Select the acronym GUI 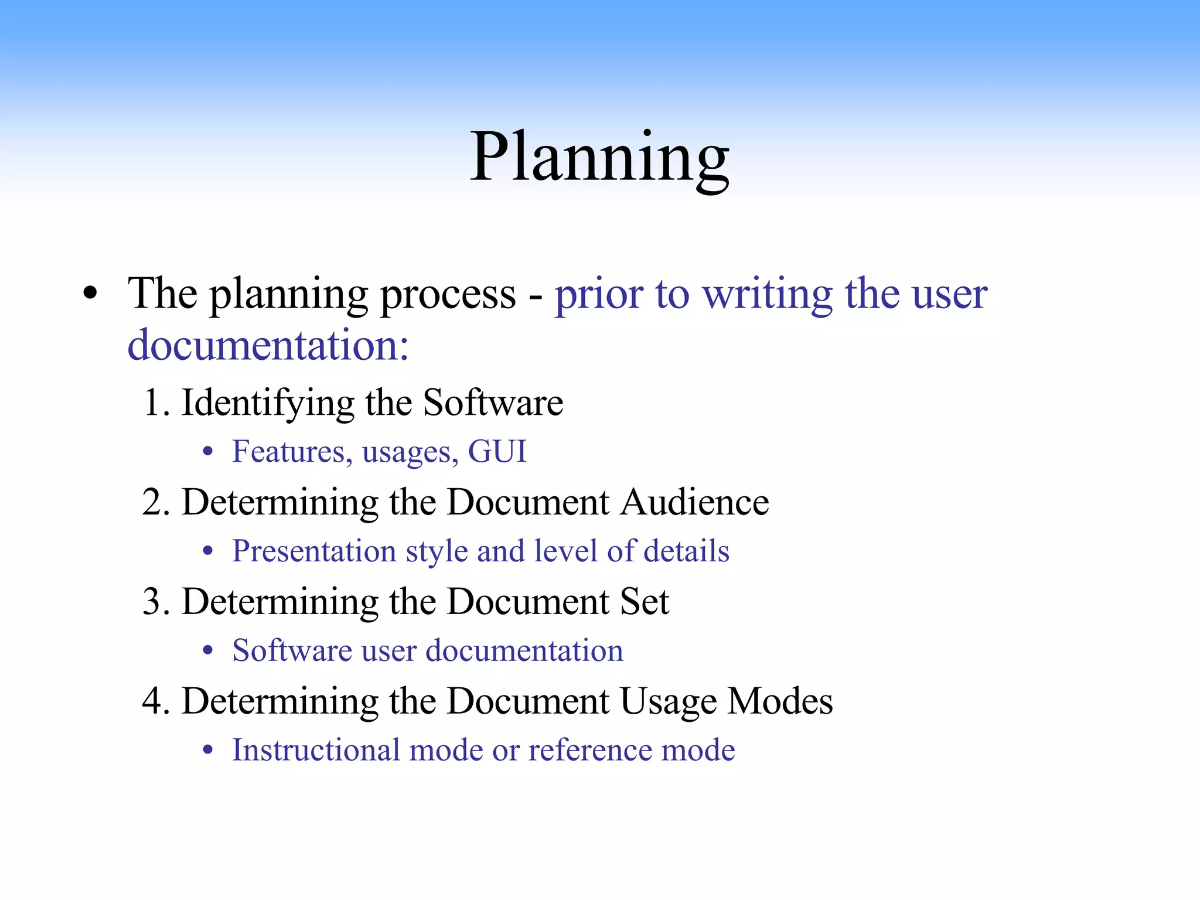pyautogui.click(x=497, y=452)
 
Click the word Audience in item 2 pyautogui.click(x=694, y=502)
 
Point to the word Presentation pyautogui.click(x=314, y=551)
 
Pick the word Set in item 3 pyautogui.click(x=645, y=602)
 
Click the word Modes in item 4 pyautogui.click(x=780, y=701)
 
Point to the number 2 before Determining pyautogui.click(x=152, y=502)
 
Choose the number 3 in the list pyautogui.click(x=152, y=602)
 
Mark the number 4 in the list pyautogui.click(x=152, y=701)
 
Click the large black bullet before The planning pyautogui.click(x=90, y=294)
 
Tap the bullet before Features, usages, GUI pyautogui.click(x=207, y=452)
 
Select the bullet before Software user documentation pyautogui.click(x=207, y=651)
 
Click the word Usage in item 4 pyautogui.click(x=668, y=701)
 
